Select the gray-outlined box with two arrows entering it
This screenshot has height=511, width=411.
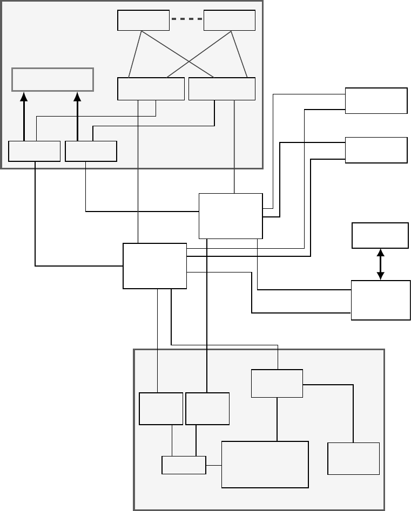click(53, 79)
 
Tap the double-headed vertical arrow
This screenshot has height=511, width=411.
click(380, 264)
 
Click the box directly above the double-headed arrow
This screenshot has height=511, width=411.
click(380, 235)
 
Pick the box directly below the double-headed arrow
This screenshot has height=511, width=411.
click(380, 300)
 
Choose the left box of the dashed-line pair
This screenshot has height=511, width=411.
click(143, 21)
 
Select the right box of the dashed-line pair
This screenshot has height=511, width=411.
click(230, 21)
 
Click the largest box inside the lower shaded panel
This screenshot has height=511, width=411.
click(265, 464)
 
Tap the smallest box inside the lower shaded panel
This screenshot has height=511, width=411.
click(184, 465)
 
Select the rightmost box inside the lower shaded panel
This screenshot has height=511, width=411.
click(353, 458)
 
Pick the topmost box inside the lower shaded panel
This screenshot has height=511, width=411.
click(277, 383)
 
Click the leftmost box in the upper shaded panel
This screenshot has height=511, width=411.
click(34, 151)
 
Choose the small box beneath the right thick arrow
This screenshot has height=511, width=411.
click(91, 151)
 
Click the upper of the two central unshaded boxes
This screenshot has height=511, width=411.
click(231, 216)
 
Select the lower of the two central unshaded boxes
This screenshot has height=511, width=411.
click(155, 265)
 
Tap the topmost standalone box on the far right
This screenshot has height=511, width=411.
click(376, 100)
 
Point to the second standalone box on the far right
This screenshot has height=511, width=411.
click(376, 149)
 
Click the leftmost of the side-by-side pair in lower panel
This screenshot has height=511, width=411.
click(161, 408)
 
